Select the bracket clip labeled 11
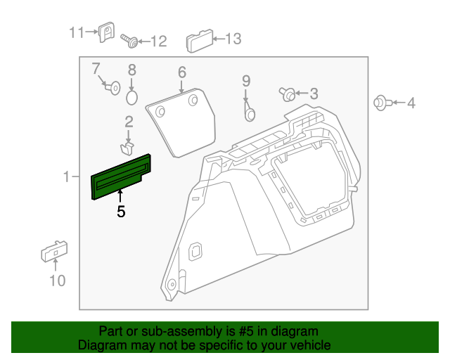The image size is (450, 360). (107, 32)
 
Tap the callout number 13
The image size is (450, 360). (232, 39)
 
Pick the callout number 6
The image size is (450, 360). (181, 72)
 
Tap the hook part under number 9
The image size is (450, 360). (248, 110)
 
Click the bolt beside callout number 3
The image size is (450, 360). (288, 94)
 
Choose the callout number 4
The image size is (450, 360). (411, 103)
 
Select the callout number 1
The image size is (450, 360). (67, 178)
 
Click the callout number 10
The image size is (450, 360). (56, 281)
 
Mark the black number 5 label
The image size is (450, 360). (121, 211)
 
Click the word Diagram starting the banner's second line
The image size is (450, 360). (101, 345)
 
